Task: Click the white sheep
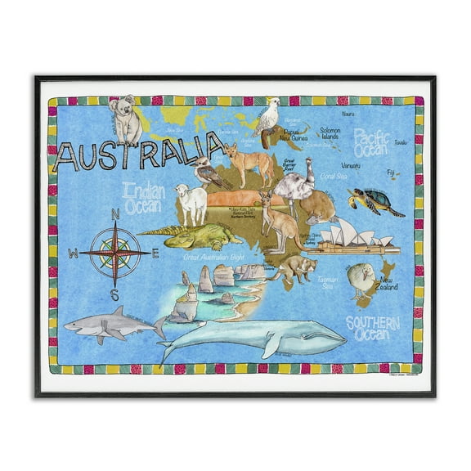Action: (x=191, y=204)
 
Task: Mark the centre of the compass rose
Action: (x=114, y=253)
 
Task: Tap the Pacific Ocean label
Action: (x=373, y=142)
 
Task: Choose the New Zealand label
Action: (x=385, y=285)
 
